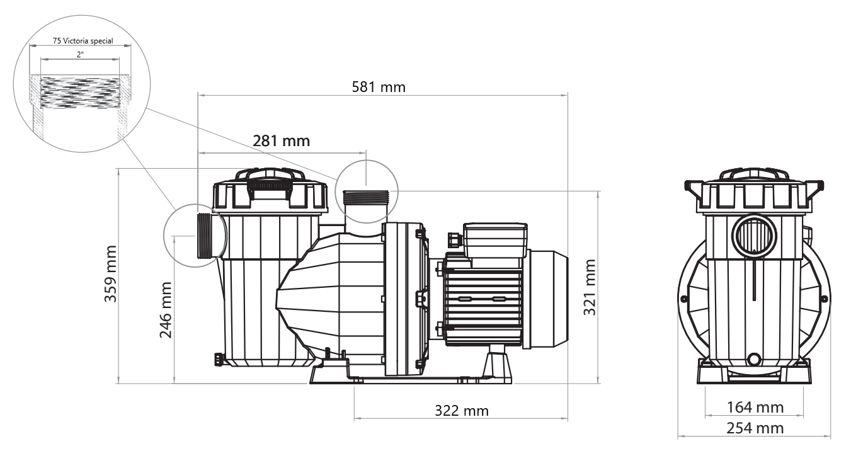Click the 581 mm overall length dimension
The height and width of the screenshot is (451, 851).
point(379,87)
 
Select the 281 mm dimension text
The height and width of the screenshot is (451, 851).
point(281,141)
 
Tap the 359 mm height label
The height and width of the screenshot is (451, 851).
point(110,273)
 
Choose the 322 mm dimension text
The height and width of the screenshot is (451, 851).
point(462,411)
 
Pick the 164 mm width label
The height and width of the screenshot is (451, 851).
point(755,408)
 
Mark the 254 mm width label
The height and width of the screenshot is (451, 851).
point(755,428)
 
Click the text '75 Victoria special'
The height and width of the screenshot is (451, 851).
point(83,41)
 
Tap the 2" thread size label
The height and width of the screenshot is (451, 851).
point(80,55)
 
